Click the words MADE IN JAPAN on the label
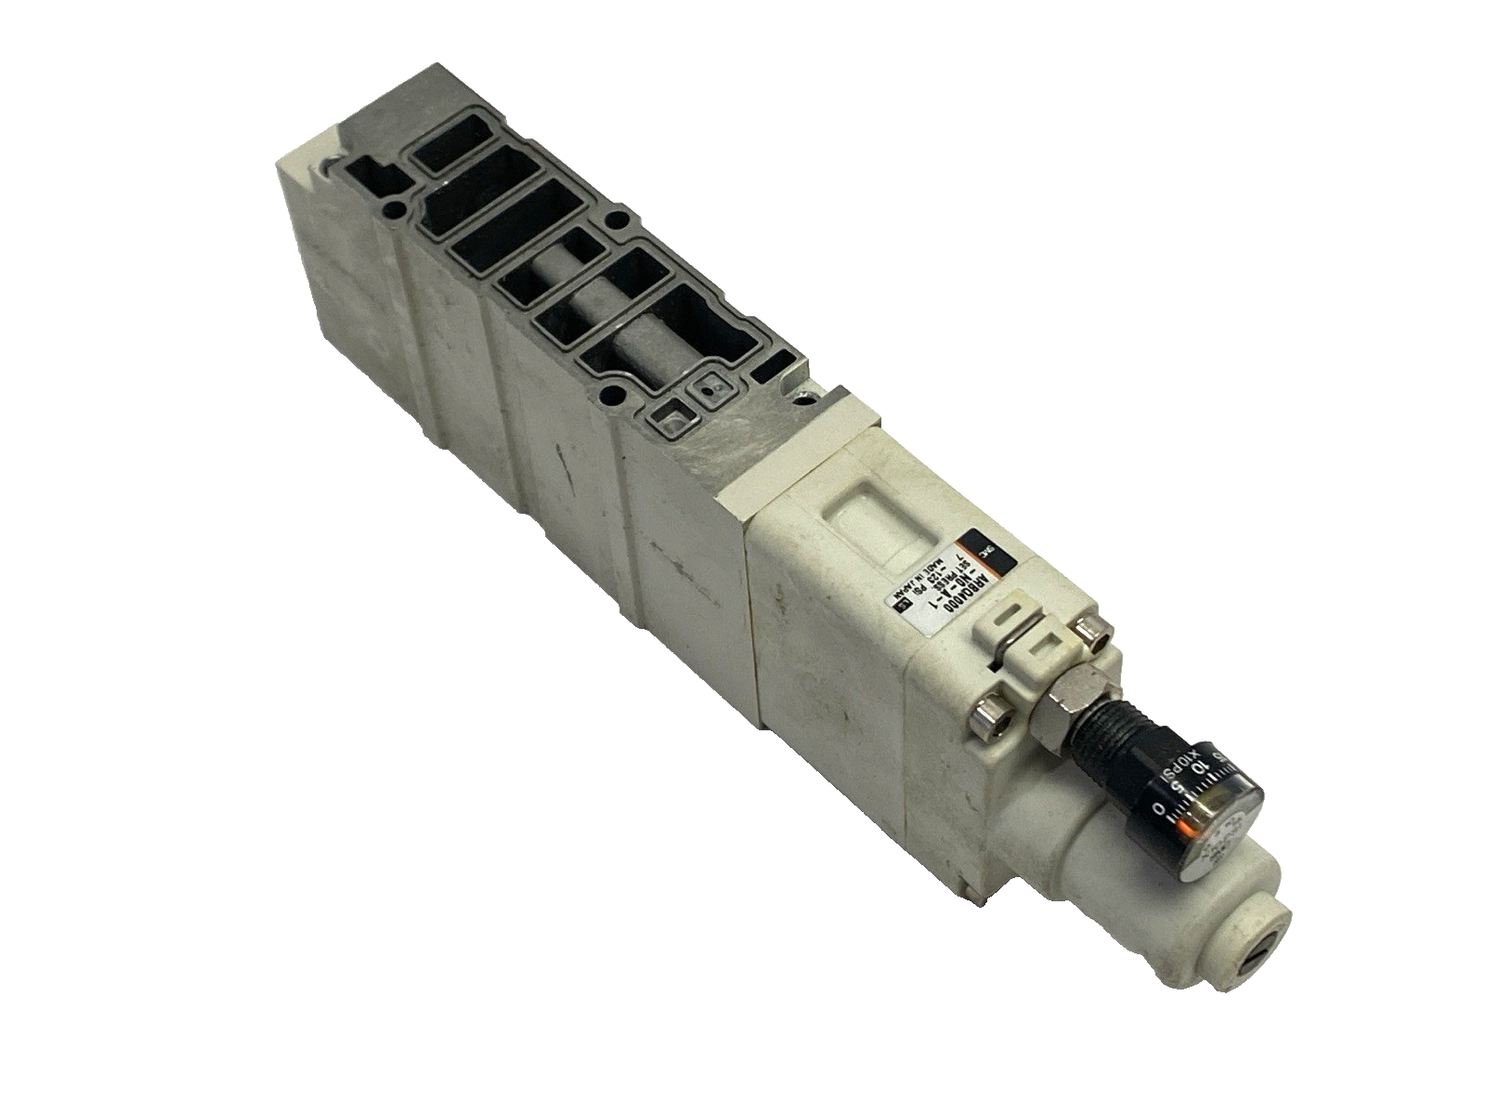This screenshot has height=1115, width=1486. tap(906, 585)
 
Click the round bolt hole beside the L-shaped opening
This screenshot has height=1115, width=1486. tap(398, 206)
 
